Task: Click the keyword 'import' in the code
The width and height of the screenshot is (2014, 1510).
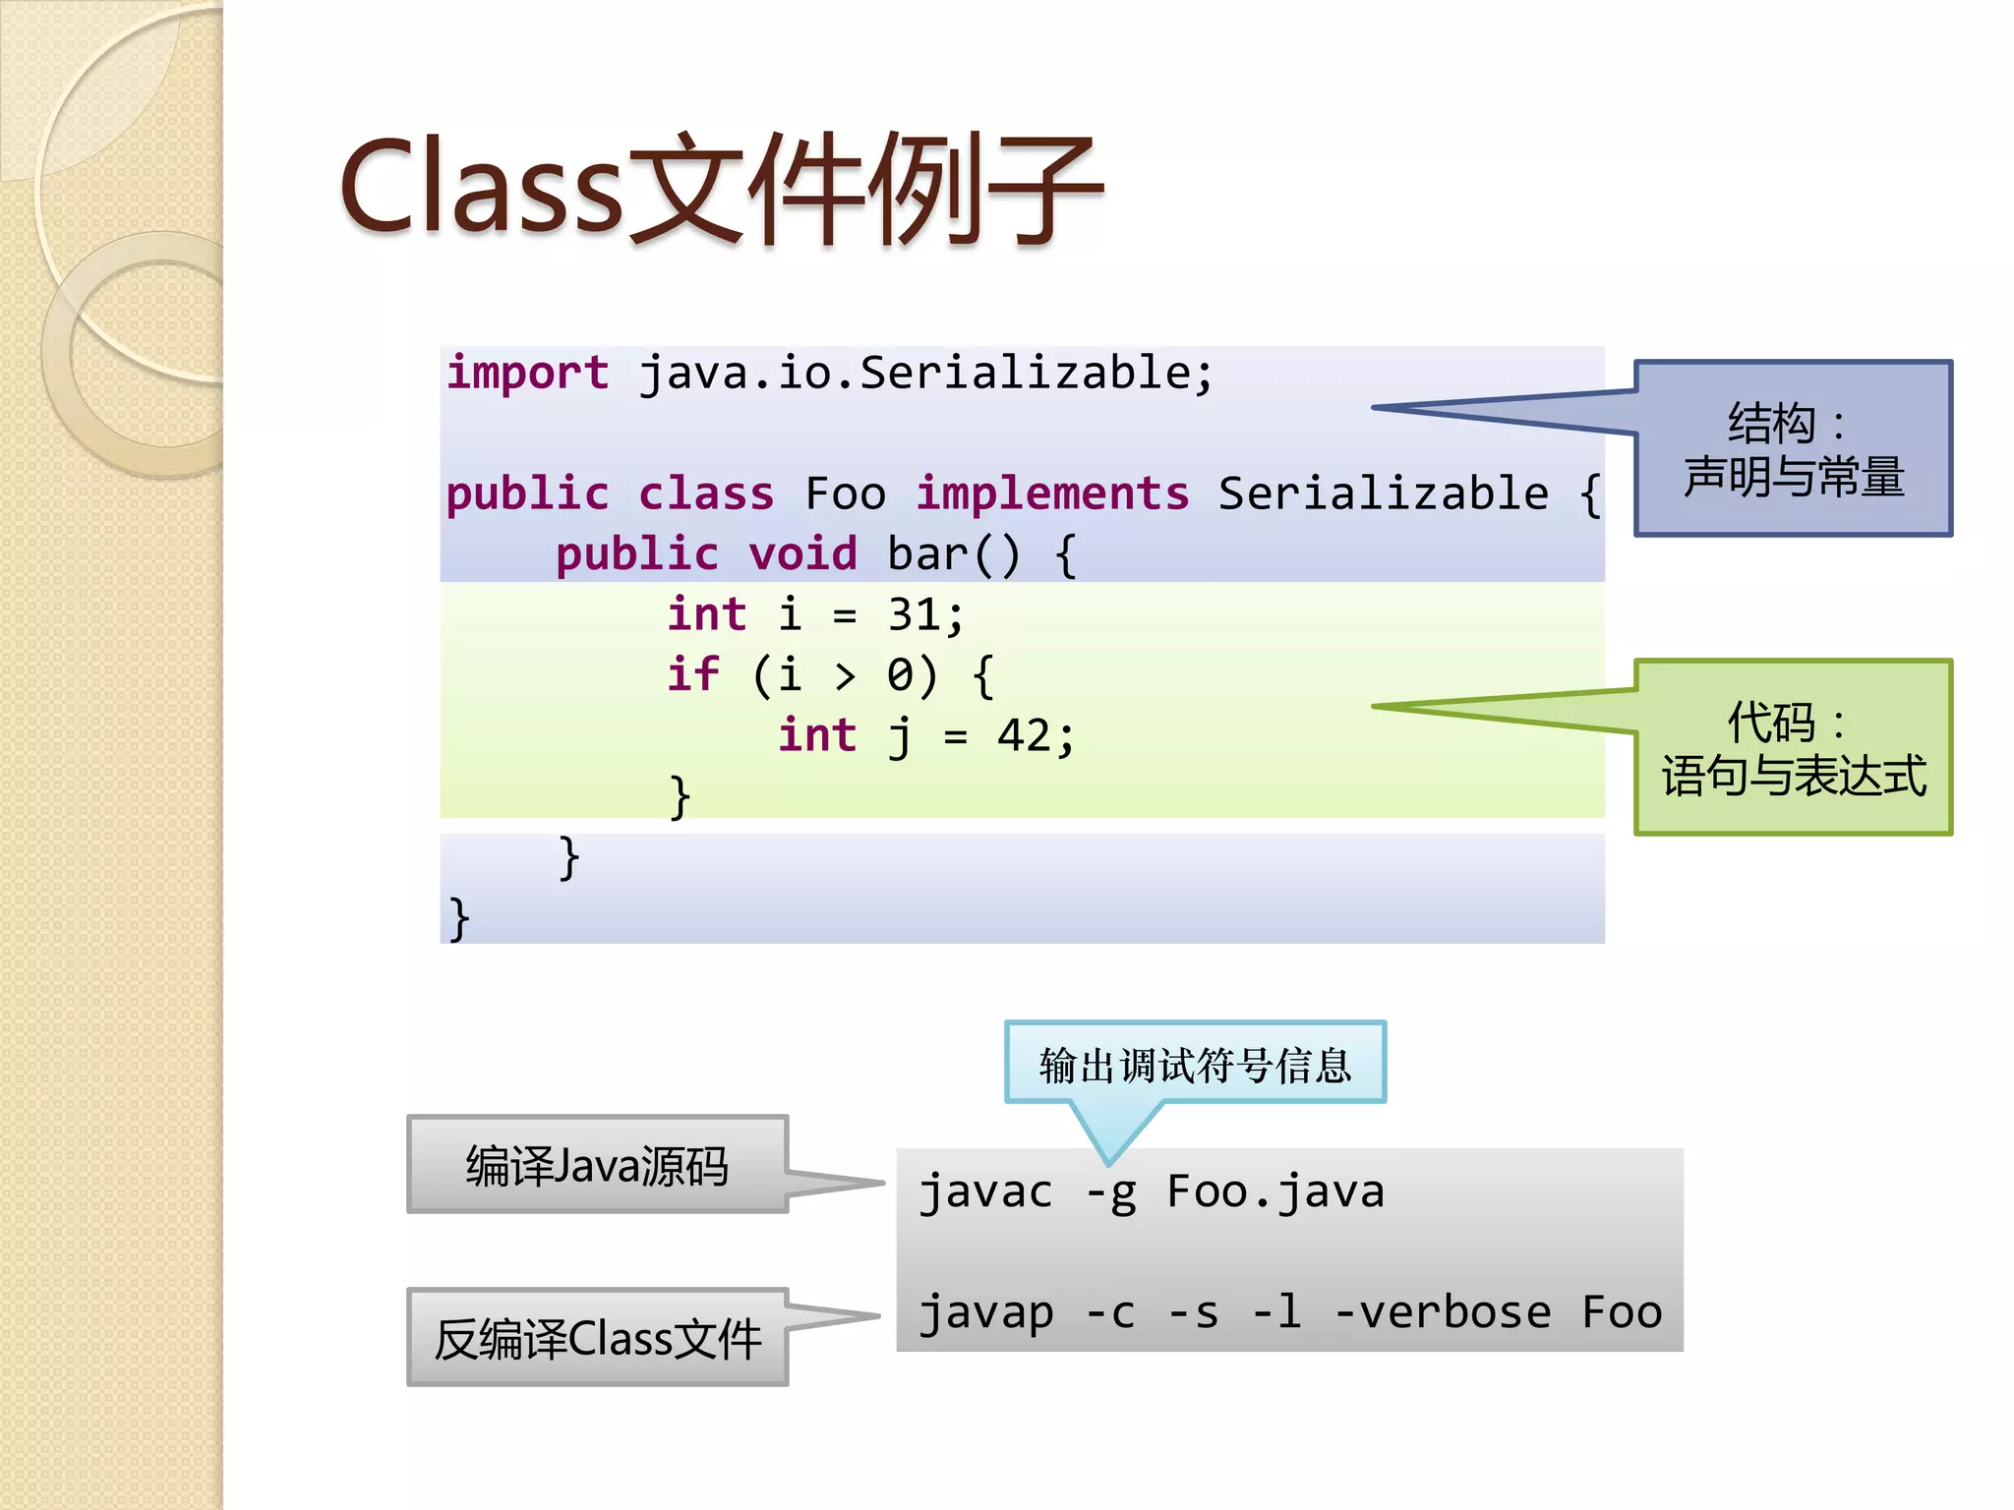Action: pos(527,374)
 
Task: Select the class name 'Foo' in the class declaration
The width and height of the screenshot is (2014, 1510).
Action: pos(845,494)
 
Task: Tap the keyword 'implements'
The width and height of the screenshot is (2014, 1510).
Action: pos(1052,494)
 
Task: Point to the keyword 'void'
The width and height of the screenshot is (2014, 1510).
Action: pos(802,554)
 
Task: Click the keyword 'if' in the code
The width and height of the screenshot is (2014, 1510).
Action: pos(693,675)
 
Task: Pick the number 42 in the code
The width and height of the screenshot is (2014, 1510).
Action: pos(1024,736)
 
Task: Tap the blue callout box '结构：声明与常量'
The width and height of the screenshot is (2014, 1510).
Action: pos(1793,449)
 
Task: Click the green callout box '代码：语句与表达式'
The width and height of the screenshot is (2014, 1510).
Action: pos(1793,748)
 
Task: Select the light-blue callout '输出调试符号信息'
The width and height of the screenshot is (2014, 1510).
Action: pos(1195,1064)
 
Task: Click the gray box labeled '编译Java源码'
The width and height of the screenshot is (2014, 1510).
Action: pos(597,1165)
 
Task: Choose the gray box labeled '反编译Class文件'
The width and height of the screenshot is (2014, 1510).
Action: pos(597,1338)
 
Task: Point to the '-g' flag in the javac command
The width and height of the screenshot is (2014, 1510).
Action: pos(1110,1192)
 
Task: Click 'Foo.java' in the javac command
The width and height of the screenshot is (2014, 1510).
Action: pos(1275,1192)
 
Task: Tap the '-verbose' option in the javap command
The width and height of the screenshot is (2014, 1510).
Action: pos(1442,1312)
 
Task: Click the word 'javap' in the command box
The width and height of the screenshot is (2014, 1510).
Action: pos(986,1312)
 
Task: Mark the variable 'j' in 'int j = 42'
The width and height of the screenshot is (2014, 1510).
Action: pos(900,736)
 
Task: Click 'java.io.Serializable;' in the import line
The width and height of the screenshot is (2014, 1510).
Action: pos(926,374)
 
